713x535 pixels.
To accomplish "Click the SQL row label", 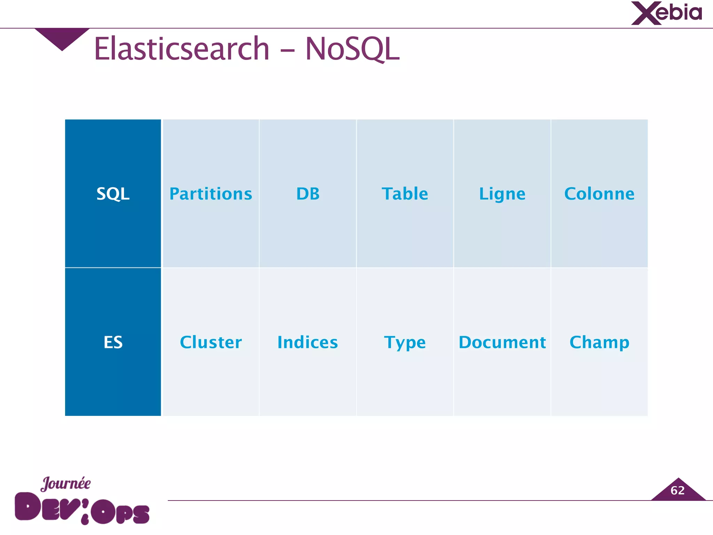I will (x=113, y=194).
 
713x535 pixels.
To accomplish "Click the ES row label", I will (x=113, y=342).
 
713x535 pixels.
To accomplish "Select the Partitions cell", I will (x=211, y=194).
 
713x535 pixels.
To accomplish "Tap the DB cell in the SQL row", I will (x=308, y=194).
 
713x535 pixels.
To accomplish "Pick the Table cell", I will (x=405, y=194).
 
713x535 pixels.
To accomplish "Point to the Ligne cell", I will (x=502, y=194).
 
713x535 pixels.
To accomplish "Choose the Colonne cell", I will (x=599, y=194).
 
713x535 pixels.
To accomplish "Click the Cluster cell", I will (x=211, y=342).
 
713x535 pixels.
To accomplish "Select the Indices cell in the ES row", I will (x=308, y=342).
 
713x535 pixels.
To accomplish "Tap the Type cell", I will (x=405, y=342).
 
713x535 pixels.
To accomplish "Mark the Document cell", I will (x=502, y=342).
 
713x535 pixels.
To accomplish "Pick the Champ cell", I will (x=599, y=342).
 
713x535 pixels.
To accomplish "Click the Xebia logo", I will (x=666, y=13).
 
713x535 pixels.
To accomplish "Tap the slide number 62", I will (x=677, y=490).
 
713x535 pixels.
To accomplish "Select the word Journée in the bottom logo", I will (x=65, y=483).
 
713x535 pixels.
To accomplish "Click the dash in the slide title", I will (x=287, y=51).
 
